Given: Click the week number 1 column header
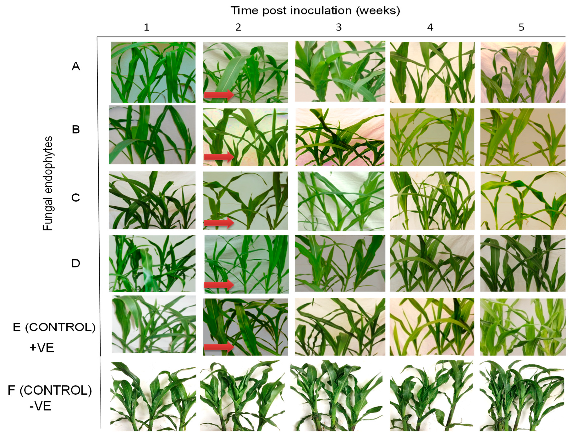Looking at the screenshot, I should pyautogui.click(x=147, y=27).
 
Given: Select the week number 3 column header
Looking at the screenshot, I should pyautogui.click(x=339, y=27).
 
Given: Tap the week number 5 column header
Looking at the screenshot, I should pyautogui.click(x=521, y=27).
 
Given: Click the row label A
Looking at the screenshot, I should pyautogui.click(x=76, y=67).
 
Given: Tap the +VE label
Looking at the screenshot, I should pyautogui.click(x=42, y=348).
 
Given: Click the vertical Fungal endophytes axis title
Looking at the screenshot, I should pyautogui.click(x=48, y=183).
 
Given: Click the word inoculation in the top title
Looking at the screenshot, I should pyautogui.click(x=320, y=10).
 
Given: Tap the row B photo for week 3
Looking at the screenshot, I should pyautogui.click(x=340, y=137).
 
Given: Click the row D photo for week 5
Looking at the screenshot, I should pyautogui.click(x=523, y=263).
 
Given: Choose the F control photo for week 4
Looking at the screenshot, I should pyautogui.click(x=431, y=395).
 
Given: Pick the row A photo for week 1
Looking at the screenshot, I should pyautogui.click(x=153, y=72).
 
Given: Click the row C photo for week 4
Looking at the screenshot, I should pyautogui.click(x=432, y=200).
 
